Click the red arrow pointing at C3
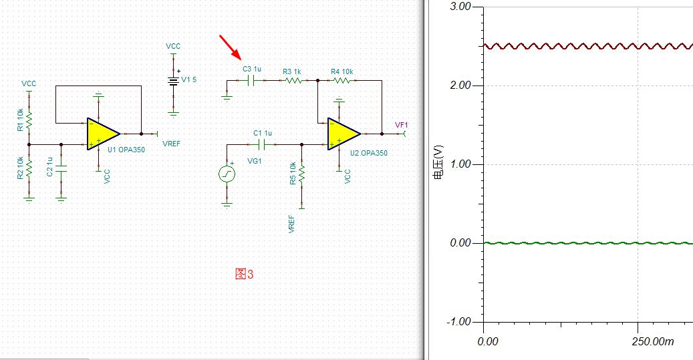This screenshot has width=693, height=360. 231,47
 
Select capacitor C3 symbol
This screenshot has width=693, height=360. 251,81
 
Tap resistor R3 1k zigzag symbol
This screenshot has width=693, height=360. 293,81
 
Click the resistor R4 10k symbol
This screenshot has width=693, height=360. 341,81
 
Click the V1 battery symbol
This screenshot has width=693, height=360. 173,81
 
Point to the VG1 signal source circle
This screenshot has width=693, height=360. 227,174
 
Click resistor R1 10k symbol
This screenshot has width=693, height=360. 29,118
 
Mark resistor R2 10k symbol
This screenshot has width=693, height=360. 29,168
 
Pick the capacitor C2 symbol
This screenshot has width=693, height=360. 61,169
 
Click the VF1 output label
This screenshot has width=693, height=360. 402,125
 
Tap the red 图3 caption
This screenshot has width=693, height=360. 245,274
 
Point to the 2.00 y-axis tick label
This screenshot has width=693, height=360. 460,85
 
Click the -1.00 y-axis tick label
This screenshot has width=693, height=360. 458,321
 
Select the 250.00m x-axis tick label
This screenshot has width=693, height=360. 653,341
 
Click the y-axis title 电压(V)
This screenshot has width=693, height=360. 438,162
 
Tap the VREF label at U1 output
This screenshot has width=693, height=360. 172,144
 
